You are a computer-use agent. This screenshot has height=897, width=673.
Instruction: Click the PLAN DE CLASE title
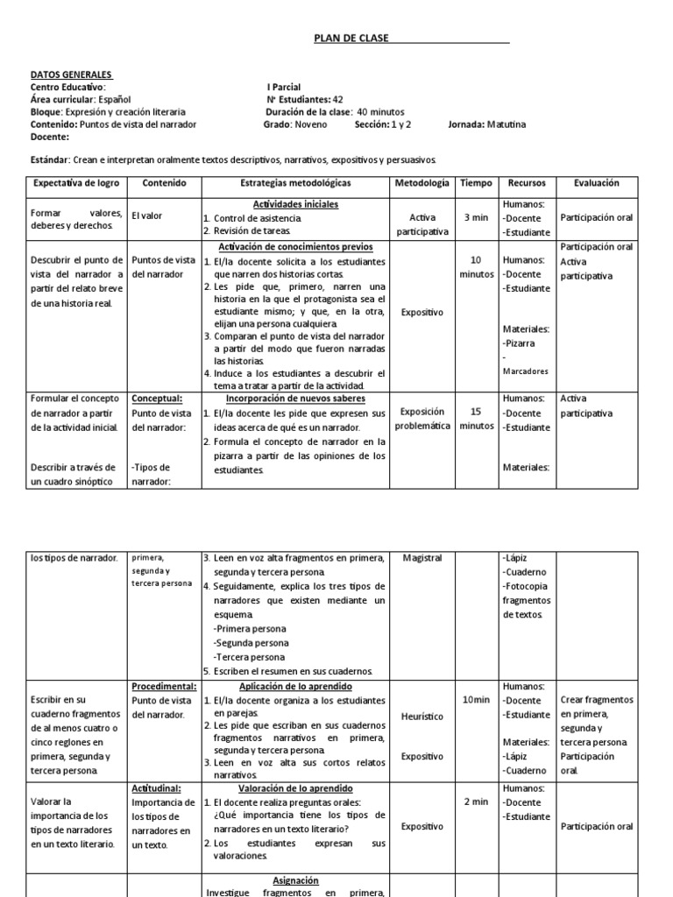pos(351,39)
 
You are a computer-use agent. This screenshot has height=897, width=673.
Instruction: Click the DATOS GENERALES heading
pos(71,75)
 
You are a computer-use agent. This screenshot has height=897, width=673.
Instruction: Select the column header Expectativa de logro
pos(74,183)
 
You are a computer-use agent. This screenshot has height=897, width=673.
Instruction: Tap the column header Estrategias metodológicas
pos(294,183)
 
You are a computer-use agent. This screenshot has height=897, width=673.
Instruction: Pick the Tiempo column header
pos(476,183)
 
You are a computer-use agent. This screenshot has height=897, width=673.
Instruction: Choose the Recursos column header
pos(526,183)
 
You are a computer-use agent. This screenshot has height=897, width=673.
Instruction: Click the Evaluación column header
pos(596,183)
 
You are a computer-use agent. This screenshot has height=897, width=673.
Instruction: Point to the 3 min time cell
pos(476,216)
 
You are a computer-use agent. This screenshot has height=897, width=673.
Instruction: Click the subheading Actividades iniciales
pos(294,204)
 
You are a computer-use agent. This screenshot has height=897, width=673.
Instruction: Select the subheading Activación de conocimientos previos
pos(294,247)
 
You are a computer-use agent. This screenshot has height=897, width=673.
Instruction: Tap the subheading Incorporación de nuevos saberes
pos(294,399)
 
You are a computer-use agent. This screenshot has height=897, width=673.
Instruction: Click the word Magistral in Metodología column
pos(422,558)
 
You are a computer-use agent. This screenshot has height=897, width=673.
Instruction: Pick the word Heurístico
pos(422,716)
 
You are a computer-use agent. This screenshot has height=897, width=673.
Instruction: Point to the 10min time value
pos(476,699)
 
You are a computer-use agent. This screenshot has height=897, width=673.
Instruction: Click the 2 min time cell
pos(476,802)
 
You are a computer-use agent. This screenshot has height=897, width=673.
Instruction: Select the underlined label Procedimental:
pos(164,686)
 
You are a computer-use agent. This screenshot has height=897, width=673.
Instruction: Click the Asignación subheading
pos(294,880)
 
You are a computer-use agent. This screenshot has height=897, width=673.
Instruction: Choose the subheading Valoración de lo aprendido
pos(294,788)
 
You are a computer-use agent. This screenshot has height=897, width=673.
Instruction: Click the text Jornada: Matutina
pos(487,124)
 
